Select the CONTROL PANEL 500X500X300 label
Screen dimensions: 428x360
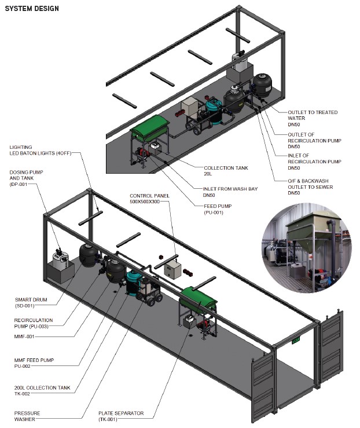[x=149, y=199]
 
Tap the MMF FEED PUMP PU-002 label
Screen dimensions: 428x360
[x=34, y=363]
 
